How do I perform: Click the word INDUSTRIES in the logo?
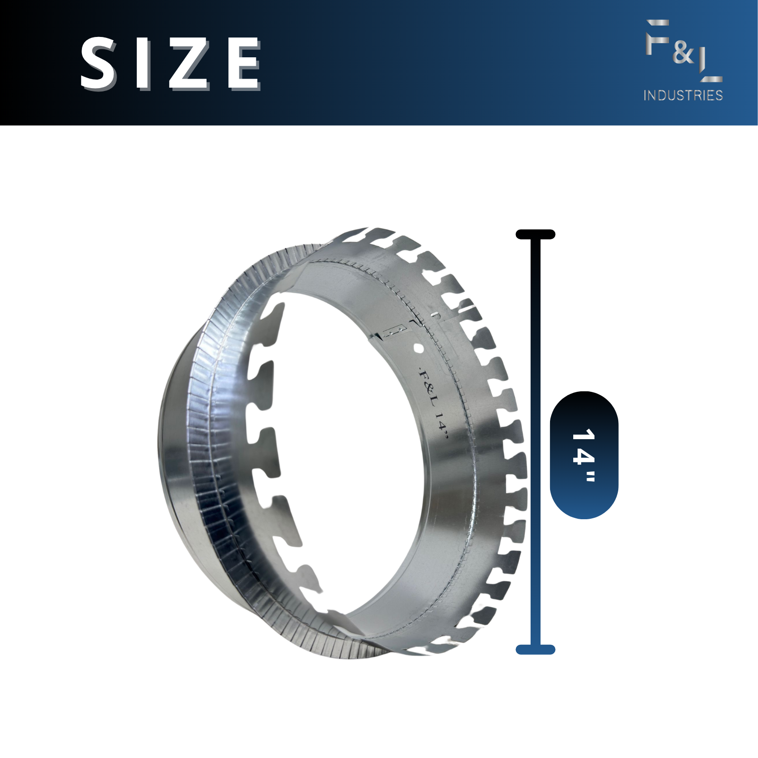click(683, 95)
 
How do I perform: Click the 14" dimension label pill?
click(584, 455)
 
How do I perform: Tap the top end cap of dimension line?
click(535, 234)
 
